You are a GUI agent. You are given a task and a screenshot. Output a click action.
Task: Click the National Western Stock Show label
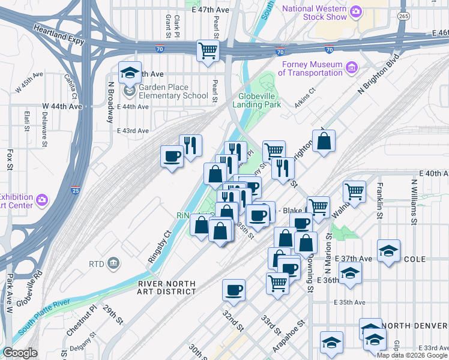[x=315, y=13]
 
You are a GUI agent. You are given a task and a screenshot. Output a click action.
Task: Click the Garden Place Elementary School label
[x=173, y=91]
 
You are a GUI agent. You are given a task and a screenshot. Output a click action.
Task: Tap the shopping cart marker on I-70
[x=208, y=50]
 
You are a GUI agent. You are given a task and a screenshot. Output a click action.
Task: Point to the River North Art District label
[x=166, y=287]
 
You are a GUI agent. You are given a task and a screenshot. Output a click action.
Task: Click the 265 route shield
[x=401, y=14]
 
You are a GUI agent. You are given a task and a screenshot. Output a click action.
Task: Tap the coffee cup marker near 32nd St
[x=234, y=290]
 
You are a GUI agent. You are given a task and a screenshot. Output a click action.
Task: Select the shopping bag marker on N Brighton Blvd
[x=324, y=142]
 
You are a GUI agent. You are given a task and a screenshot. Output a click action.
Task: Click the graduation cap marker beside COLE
[x=388, y=251]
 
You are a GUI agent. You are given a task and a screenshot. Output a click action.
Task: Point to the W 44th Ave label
[x=62, y=106]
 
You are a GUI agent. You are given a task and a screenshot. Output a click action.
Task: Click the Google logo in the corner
[x=20, y=353]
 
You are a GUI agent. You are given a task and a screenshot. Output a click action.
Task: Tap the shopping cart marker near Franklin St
[x=354, y=193]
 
